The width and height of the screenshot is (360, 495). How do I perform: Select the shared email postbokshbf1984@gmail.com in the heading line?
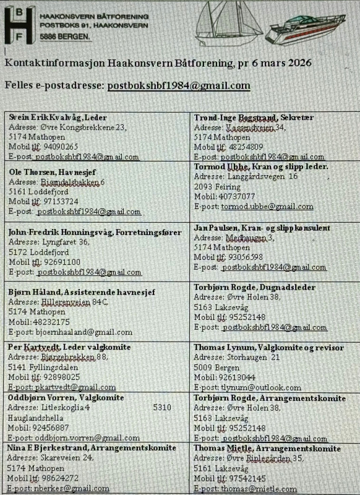[x=179, y=86]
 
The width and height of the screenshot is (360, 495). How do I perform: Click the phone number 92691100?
[x=61, y=262]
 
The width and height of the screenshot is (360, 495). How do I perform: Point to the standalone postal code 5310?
[x=162, y=408]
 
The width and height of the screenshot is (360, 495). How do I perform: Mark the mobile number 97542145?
[x=244, y=478]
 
